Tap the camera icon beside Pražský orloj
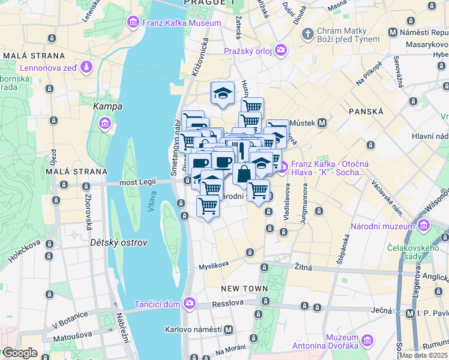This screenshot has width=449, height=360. coord(280,49)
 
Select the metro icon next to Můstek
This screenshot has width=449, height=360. coord(322,123)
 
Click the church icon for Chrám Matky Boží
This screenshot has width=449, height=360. coord(308,32)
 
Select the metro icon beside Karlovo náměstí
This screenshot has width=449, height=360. coord(228,329)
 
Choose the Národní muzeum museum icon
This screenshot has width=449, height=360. coord(424,226)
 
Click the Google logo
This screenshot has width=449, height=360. coord(20,353)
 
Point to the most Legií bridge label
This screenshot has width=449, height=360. coord(137,181)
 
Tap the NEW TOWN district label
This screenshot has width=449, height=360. coord(244,289)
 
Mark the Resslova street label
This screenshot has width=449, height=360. coord(228,304)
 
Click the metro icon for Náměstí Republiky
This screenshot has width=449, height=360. coord(393,32)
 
